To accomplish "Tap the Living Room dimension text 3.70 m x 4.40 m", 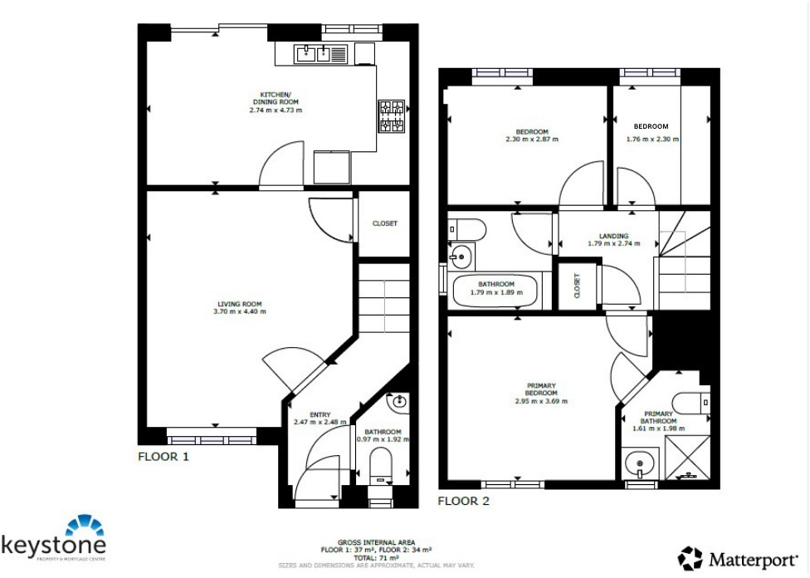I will click(240, 311).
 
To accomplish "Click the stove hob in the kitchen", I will click(392, 116).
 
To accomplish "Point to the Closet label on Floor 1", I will click(384, 223).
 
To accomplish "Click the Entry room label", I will click(320, 415).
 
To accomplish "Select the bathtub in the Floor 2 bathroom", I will click(496, 291).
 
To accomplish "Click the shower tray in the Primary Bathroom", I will click(686, 457).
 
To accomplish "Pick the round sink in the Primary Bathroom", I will click(639, 462).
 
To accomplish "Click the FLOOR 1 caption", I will click(163, 457).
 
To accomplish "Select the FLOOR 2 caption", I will click(464, 501).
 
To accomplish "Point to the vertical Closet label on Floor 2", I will click(577, 286).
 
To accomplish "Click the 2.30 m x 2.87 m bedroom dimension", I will click(532, 140).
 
